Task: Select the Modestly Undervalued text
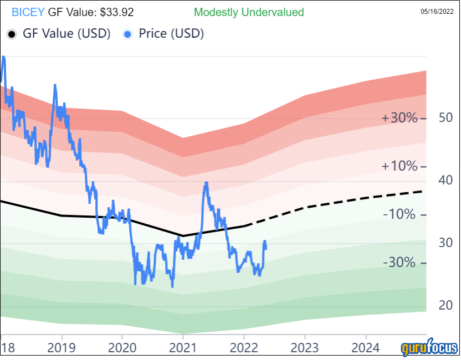(x=249, y=12)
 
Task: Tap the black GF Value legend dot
(x=11, y=34)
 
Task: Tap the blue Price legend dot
(x=127, y=34)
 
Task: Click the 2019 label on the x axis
(x=62, y=347)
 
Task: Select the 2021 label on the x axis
(x=183, y=347)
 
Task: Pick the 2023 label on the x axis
(x=305, y=347)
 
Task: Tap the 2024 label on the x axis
(x=366, y=347)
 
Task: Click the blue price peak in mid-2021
(x=206, y=183)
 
